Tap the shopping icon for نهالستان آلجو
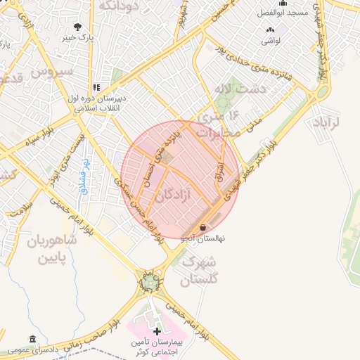(x=204, y=228)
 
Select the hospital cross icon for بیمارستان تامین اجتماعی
(x=156, y=330)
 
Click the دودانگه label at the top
(x=125, y=6)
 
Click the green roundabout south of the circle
(x=148, y=283)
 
